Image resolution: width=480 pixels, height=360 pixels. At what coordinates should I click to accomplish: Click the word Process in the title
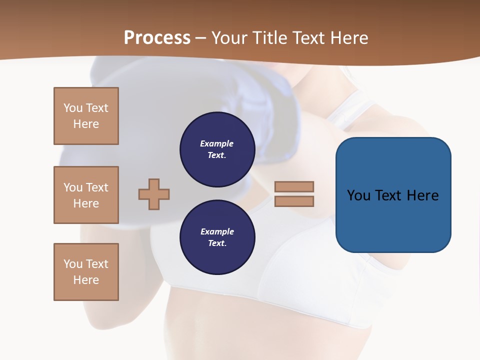point(157,38)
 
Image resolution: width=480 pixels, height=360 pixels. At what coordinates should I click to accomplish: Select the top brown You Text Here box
point(86,116)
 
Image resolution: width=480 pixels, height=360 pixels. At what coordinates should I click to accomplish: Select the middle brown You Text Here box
point(86,195)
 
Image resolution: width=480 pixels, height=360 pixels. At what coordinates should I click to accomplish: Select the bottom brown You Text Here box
point(86,272)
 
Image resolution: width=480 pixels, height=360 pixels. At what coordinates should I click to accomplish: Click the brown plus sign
point(154,194)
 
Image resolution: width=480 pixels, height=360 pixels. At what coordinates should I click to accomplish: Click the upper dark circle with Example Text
point(217,149)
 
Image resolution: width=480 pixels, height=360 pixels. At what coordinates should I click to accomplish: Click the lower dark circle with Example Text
point(217,237)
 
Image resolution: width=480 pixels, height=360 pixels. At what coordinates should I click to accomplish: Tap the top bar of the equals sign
point(294,186)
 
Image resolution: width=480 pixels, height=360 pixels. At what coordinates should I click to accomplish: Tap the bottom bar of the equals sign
point(294,201)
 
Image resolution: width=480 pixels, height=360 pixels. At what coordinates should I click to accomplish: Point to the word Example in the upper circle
point(217,143)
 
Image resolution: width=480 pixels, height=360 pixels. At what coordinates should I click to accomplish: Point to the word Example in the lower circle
point(217,231)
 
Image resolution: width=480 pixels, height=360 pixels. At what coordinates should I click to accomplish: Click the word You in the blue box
point(358,195)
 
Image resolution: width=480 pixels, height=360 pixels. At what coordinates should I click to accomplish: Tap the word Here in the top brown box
point(86,124)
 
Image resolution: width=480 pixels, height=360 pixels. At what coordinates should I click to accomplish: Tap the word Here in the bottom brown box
point(86,280)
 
